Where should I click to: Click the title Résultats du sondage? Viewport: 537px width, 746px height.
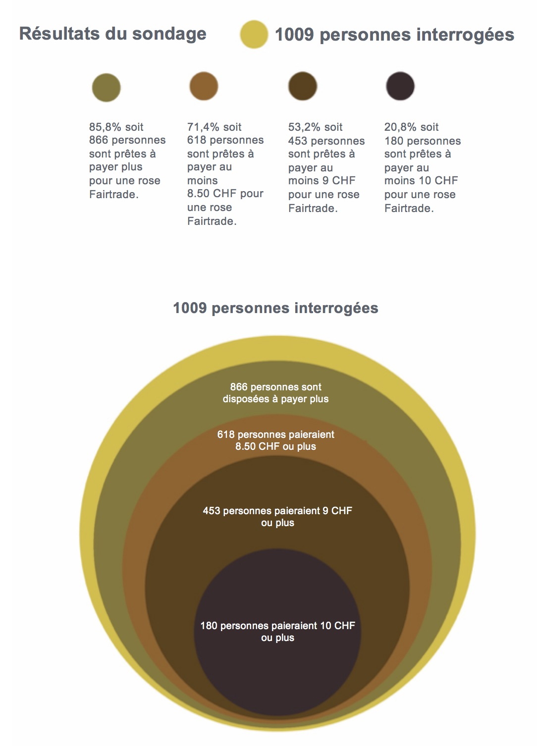pos(112,34)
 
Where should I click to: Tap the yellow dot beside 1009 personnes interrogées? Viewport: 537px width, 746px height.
pos(254,34)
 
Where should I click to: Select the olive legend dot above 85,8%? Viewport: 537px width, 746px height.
pos(106,88)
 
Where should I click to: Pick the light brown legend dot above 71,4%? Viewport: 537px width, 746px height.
pos(204,86)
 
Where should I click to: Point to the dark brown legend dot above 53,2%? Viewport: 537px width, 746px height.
pos(302,86)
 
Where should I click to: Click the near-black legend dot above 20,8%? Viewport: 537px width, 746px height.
pos(400,86)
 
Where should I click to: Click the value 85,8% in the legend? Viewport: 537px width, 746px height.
pos(105,127)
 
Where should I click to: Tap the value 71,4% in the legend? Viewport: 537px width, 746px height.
pos(203,127)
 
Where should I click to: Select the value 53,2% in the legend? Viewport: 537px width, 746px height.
pos(304,127)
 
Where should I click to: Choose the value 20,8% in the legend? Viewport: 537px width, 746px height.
pos(400,127)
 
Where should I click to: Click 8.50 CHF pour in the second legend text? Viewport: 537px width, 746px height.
pos(225,194)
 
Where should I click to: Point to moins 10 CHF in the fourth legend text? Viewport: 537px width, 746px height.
pos(421,181)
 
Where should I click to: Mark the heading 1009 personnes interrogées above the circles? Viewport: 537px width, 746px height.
pos(275,308)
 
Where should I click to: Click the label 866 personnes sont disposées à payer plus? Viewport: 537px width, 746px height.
pos(275,393)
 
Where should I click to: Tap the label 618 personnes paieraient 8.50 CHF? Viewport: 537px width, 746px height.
pos(275,440)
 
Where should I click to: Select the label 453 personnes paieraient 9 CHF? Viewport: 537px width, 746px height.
pos(277,517)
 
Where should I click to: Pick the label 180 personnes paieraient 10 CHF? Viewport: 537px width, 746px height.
pos(277,632)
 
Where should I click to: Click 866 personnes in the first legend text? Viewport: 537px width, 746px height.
pos(127,140)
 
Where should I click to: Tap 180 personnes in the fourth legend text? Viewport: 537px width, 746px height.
pos(422,141)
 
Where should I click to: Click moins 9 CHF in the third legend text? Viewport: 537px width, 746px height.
pos(322,181)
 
